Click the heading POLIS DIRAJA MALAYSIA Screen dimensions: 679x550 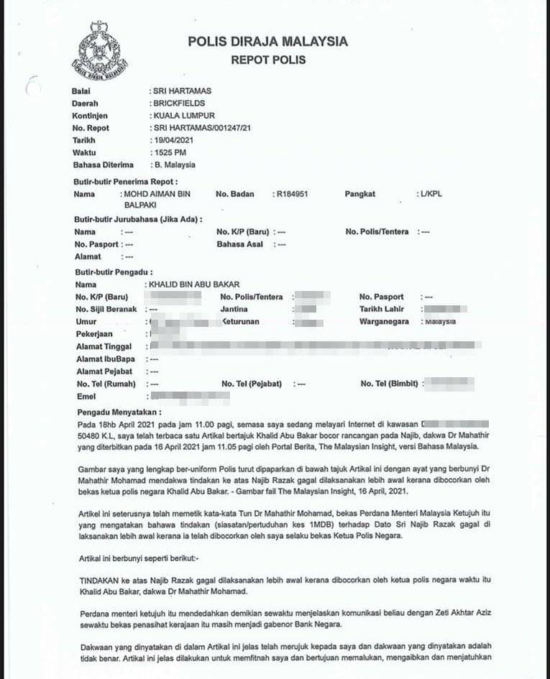coord(267,42)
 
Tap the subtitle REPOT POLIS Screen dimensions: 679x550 coord(268,60)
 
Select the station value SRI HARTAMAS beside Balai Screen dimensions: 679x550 coord(182,91)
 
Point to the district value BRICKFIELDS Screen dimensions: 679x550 coord(179,103)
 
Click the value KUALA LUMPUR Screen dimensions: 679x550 coord(184,116)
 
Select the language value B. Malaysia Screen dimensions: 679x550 coord(175,165)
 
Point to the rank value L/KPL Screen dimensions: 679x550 coord(431,195)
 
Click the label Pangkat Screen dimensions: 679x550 coord(360,195)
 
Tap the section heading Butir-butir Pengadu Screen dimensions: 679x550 coord(114,273)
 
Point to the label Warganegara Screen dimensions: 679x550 coord(388,321)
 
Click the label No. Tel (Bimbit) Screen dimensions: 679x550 coord(389,384)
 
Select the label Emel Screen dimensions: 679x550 coord(86,396)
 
